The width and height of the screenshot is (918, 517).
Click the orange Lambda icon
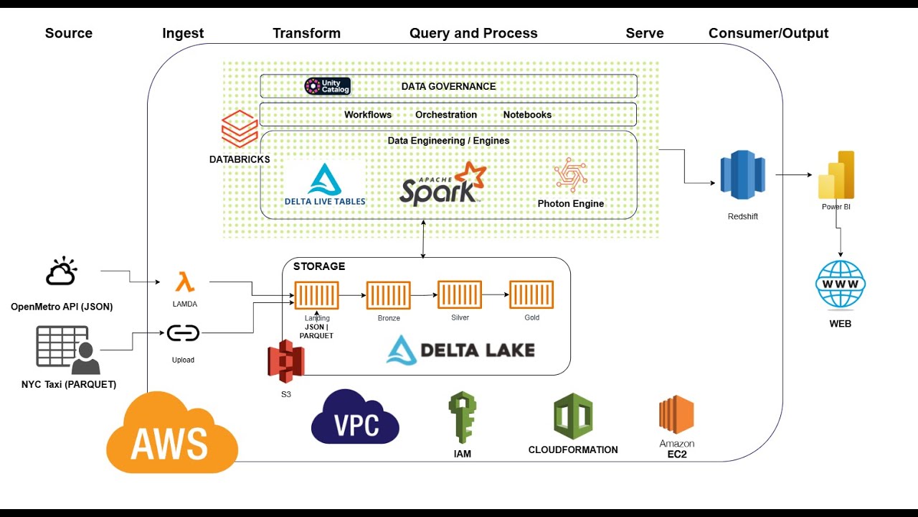point(185,281)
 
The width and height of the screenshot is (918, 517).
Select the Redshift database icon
point(742,175)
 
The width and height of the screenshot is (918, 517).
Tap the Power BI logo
point(836,174)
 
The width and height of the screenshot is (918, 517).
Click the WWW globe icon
point(841,284)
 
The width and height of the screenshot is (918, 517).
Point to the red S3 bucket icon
point(285,362)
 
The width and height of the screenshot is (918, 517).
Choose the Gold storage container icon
point(531,295)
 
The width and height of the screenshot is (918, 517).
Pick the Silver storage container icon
point(459,295)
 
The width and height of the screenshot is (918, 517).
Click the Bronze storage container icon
point(388,295)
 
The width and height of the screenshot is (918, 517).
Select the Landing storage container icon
point(316,295)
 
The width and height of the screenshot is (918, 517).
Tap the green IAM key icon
point(462,416)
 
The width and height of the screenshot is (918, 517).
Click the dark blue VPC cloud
point(355,419)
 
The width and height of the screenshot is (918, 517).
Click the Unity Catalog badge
point(327,86)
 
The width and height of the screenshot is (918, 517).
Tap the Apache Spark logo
point(442,185)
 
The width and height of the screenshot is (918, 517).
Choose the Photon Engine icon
point(570,174)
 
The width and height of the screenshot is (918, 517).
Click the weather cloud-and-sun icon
point(61,272)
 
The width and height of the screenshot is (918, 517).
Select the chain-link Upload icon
point(183,333)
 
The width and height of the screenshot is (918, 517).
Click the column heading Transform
point(306,33)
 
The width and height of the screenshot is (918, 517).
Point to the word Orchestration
point(445,115)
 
